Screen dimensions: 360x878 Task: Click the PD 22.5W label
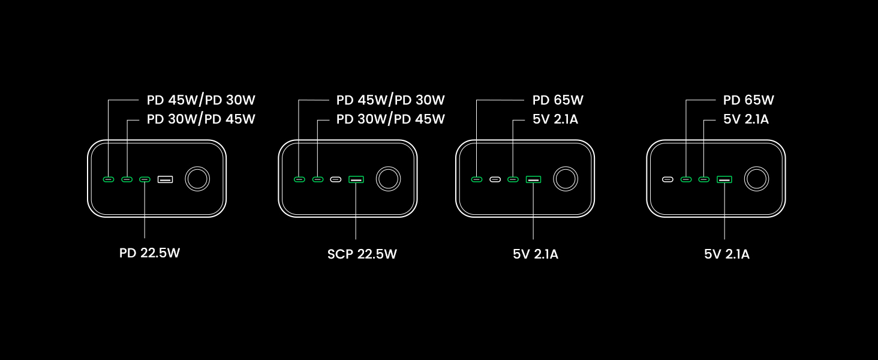click(x=149, y=253)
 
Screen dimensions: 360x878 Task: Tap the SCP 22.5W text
click(x=362, y=254)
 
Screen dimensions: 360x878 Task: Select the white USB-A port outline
click(x=165, y=179)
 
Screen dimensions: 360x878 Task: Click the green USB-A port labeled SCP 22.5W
click(x=356, y=179)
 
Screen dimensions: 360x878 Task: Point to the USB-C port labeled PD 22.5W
click(x=145, y=179)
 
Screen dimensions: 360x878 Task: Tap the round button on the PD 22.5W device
click(x=197, y=179)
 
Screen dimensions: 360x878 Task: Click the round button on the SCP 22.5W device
click(x=387, y=179)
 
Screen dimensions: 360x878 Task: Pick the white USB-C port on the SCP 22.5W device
click(x=336, y=179)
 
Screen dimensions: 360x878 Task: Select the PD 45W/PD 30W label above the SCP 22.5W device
click(x=390, y=100)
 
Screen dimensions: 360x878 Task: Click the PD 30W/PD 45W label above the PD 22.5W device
click(x=201, y=119)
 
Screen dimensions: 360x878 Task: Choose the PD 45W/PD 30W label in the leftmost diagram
click(x=201, y=100)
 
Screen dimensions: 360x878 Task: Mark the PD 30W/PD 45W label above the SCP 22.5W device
click(x=390, y=119)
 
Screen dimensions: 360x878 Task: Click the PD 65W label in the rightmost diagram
click(x=748, y=100)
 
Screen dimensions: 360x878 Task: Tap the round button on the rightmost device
click(x=756, y=179)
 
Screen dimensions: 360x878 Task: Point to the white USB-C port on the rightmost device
click(x=667, y=179)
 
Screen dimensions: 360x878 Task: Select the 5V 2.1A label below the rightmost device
click(x=726, y=254)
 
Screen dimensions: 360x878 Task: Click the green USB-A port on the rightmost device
click(x=724, y=179)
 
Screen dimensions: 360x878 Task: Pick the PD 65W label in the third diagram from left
click(x=558, y=100)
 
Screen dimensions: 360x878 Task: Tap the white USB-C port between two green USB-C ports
click(x=495, y=179)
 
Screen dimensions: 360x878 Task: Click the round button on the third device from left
click(x=565, y=179)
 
